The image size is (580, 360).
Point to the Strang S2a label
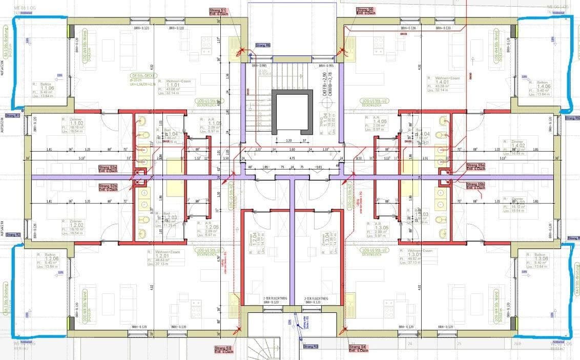[108, 168]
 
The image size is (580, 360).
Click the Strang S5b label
[475, 185]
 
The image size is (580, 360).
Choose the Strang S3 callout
[223, 349]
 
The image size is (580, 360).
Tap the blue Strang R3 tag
[310, 347]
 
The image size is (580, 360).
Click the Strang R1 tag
[12, 116]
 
